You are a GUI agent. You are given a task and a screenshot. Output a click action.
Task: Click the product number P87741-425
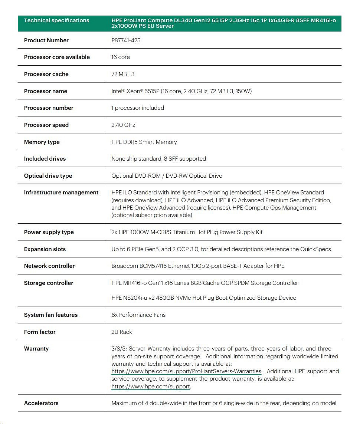pos(126,40)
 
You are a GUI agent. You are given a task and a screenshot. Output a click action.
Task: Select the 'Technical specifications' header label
pos(56,20)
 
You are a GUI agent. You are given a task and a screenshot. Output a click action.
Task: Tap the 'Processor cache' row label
pos(46,74)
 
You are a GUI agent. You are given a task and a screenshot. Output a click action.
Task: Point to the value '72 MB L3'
pos(123,74)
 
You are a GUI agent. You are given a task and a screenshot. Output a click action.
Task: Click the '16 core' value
pos(120,57)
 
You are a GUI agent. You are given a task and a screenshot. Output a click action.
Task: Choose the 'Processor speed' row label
pos(46,125)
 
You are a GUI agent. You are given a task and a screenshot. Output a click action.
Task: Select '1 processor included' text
pos(137,108)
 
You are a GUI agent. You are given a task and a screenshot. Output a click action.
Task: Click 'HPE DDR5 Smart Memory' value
pos(144,142)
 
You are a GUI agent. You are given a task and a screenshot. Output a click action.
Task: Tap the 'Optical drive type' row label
pos(48,176)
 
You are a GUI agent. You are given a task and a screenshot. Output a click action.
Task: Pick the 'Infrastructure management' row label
pos(61,193)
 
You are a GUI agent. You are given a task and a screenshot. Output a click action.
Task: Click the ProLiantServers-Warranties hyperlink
pos(186,371)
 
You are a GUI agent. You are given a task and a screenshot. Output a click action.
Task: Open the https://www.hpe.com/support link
pos(151,387)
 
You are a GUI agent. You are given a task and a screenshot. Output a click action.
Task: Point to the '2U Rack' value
pos(121,332)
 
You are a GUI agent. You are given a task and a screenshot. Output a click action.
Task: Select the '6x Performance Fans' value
pos(138,315)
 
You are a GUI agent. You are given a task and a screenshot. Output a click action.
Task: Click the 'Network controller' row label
pos(49,266)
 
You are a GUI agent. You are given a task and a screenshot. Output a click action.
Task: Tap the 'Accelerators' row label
pos(41,403)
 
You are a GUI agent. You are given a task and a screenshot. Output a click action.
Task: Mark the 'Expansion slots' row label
pos(45,249)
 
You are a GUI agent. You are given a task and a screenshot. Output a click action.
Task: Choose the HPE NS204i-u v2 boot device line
pos(203,298)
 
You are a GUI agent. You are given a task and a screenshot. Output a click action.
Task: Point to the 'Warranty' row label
pos(36,349)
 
